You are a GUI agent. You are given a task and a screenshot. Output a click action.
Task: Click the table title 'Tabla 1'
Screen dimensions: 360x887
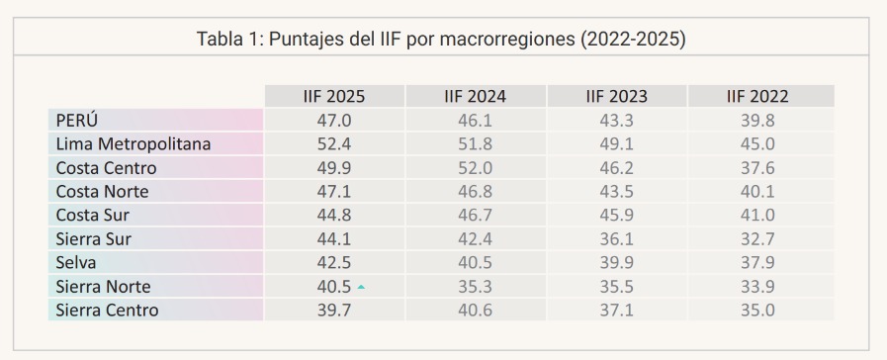click(443, 41)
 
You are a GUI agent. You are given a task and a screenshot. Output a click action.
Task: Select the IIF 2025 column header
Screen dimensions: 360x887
click(333, 97)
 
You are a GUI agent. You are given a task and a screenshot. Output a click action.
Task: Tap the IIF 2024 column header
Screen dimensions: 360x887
click(475, 97)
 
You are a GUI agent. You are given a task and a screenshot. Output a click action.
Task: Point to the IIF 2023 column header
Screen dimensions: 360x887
click(616, 97)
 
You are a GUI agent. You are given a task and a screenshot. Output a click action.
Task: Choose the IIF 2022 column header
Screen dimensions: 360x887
click(757, 97)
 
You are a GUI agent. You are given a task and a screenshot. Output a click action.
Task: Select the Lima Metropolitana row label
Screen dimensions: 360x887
click(133, 144)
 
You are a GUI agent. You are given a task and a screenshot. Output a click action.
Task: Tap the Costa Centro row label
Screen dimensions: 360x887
click(106, 168)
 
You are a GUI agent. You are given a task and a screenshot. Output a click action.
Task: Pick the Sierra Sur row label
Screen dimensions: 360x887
click(93, 239)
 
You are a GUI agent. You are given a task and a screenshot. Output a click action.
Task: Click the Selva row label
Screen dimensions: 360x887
click(76, 263)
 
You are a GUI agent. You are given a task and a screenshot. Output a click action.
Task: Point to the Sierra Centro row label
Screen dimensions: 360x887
click(107, 311)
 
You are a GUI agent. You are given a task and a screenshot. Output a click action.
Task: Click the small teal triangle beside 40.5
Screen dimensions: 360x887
click(362, 288)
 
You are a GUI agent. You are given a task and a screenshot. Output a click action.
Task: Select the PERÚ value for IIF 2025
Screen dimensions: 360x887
click(333, 121)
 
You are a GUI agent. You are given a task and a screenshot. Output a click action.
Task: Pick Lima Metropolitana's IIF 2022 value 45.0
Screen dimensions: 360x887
click(757, 144)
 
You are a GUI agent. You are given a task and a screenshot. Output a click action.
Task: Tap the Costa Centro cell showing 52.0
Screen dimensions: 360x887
click(475, 168)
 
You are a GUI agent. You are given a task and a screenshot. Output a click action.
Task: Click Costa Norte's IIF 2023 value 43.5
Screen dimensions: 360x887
click(616, 192)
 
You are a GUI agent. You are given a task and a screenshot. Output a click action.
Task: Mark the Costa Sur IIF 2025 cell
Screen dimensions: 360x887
click(333, 216)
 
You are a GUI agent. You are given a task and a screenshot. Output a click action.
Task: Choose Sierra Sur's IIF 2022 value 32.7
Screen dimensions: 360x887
click(757, 239)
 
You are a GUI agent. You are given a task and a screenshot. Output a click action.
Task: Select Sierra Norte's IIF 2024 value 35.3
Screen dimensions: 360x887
click(475, 287)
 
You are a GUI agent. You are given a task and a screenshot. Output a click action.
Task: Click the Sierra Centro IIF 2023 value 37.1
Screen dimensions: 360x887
click(616, 311)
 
